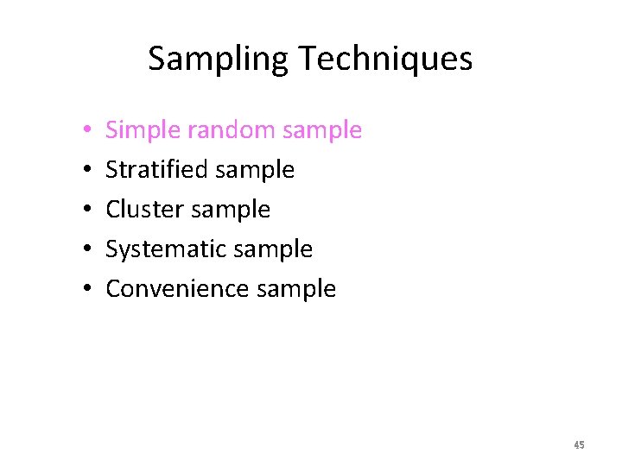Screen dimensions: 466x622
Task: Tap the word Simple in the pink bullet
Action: point(143,130)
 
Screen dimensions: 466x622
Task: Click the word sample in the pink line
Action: point(321,131)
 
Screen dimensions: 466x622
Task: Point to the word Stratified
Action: point(156,170)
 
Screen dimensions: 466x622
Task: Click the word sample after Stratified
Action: point(255,171)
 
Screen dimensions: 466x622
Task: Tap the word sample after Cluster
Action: point(230,210)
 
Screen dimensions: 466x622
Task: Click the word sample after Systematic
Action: point(273,249)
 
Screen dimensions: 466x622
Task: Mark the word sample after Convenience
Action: point(296,289)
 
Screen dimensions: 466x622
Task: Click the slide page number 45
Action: point(579,445)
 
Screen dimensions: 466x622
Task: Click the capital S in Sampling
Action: point(156,59)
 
